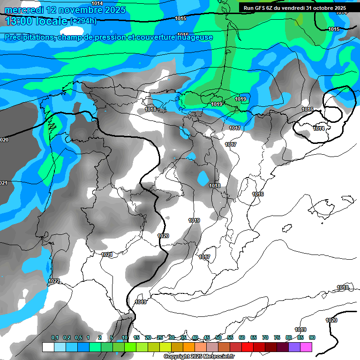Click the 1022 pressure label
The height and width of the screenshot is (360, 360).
click(54, 281)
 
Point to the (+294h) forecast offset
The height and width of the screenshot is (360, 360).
click(83, 21)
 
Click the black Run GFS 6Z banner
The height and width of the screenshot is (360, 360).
click(294, 8)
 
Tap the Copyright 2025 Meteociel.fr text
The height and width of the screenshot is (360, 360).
click(199, 357)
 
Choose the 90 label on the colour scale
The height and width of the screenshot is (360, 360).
click(312, 337)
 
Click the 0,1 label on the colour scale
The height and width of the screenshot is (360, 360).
click(55, 337)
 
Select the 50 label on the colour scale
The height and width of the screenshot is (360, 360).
click(218, 337)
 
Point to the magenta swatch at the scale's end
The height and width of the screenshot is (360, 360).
click(306, 347)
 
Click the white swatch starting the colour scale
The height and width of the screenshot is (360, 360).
click(48, 347)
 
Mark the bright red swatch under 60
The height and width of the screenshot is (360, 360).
click(247, 347)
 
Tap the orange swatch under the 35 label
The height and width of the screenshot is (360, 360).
click(188, 347)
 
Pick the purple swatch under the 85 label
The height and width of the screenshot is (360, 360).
click(294, 347)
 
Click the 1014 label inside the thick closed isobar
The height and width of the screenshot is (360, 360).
click(319, 128)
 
